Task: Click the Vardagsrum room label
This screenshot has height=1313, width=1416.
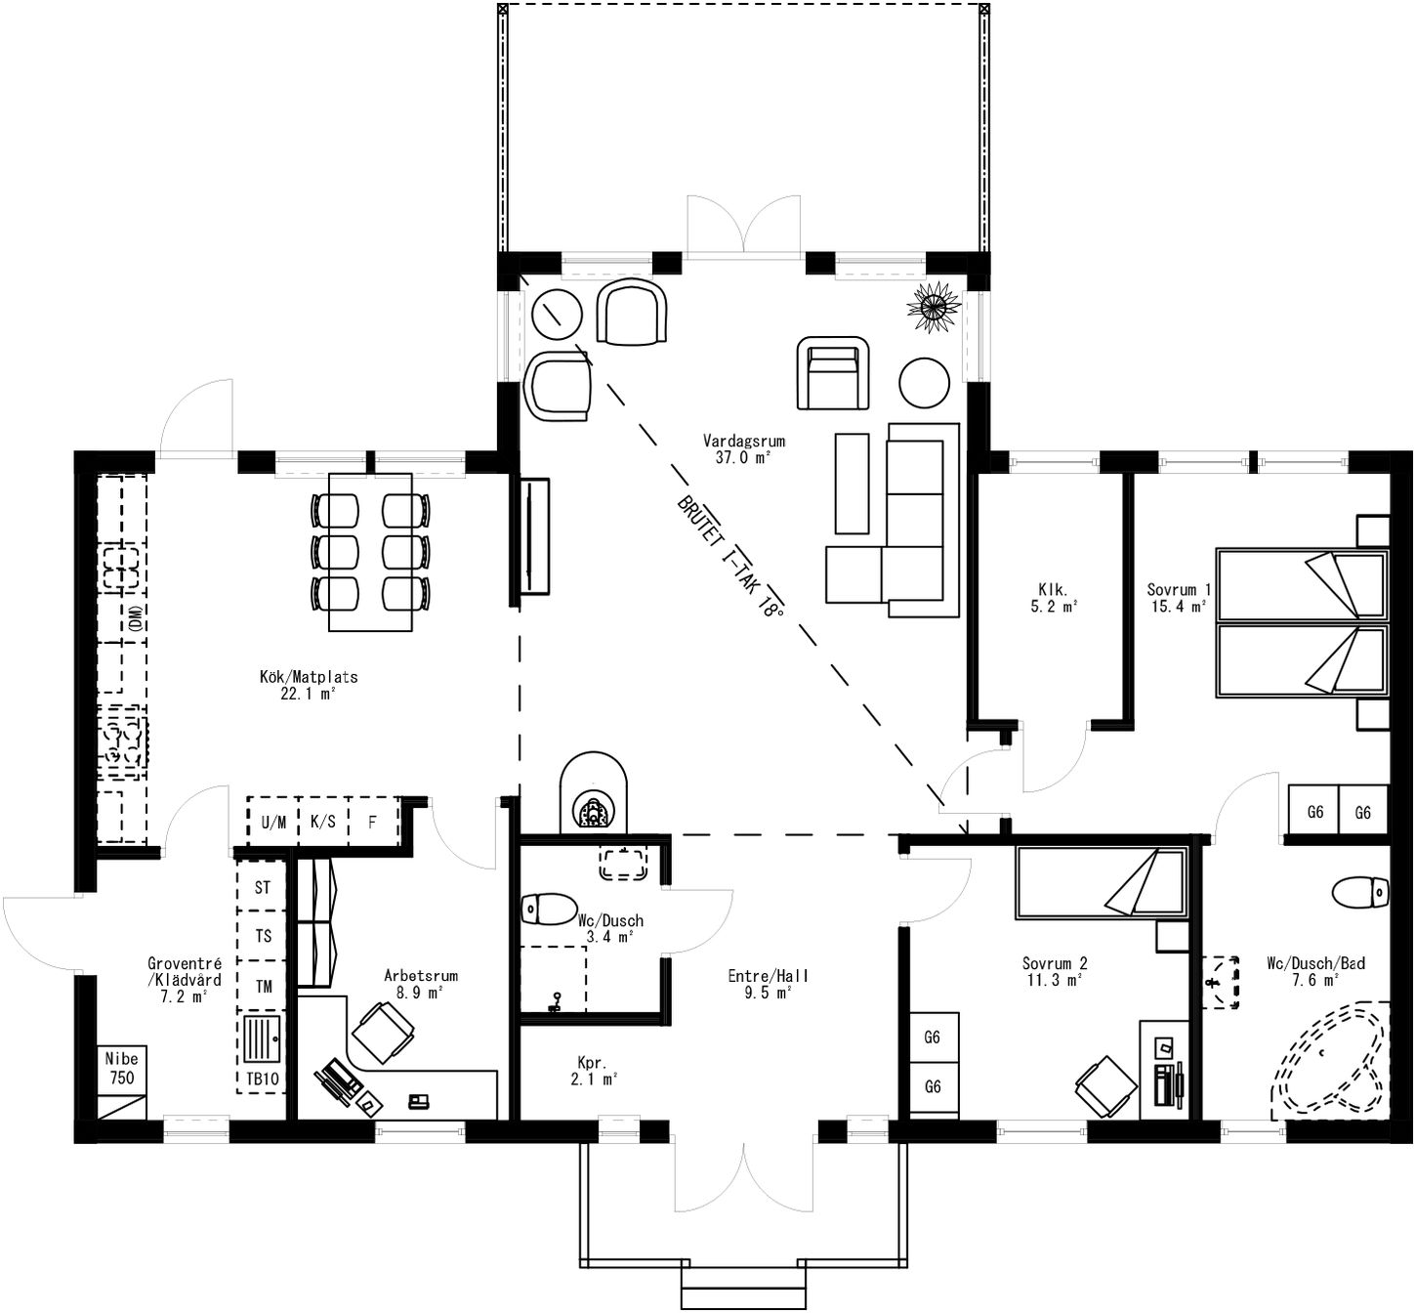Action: [743, 448]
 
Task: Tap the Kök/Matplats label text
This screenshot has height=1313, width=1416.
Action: [309, 684]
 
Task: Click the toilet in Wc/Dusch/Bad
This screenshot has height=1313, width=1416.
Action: [1361, 891]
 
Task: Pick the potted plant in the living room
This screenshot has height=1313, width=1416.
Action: [935, 307]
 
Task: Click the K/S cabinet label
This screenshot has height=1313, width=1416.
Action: [322, 822]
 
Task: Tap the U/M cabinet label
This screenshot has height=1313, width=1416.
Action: [273, 822]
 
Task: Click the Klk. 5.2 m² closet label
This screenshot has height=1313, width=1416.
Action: [1053, 597]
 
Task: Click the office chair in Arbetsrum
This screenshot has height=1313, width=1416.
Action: [384, 1032]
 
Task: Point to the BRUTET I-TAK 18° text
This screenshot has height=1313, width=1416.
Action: [730, 557]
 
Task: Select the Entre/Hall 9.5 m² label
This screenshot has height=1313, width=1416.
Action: [768, 983]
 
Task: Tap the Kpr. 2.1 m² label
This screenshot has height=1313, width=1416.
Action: [594, 1071]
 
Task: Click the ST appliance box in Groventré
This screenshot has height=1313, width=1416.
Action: [262, 888]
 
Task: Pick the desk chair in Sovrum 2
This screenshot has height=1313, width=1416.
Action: [1106, 1085]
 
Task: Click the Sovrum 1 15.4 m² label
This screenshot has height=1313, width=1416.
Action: [1179, 597]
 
